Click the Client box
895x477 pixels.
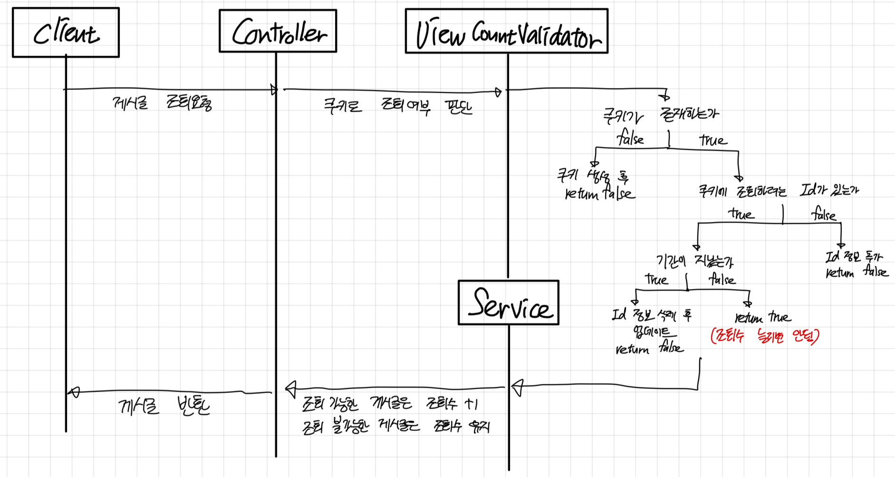tap(66, 32)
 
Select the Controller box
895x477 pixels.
tap(278, 31)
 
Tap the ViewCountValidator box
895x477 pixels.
tap(506, 31)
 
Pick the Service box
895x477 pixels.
tap(509, 303)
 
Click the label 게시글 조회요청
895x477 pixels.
tap(162, 103)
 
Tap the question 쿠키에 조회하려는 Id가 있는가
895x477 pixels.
tap(778, 191)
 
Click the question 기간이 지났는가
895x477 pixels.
tap(694, 261)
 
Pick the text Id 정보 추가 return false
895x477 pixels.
tap(856, 265)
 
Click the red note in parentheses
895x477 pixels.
tap(765, 336)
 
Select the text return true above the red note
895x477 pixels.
tap(762, 317)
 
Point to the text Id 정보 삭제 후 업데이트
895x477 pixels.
tap(652, 323)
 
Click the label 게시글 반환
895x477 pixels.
tap(164, 406)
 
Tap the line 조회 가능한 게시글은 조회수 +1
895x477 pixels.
tap(390, 404)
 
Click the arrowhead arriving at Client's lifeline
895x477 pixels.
tap(74, 392)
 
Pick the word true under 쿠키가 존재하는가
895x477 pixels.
tap(713, 140)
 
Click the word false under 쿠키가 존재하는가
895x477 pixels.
tap(630, 139)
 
